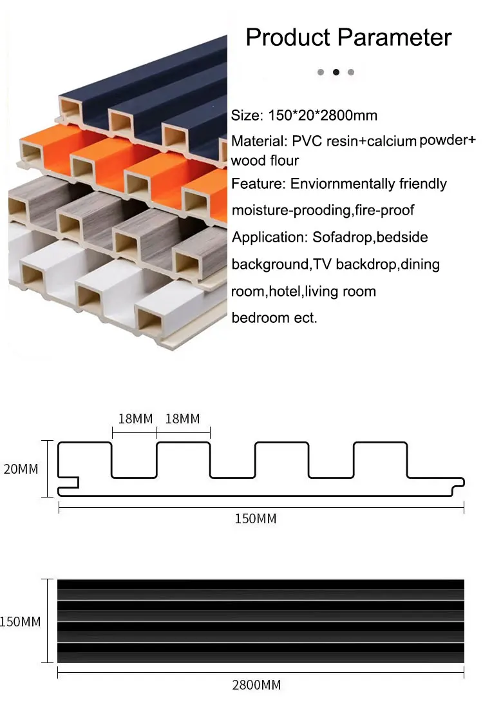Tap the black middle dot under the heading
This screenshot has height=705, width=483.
336,72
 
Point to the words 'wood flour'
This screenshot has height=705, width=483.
265,160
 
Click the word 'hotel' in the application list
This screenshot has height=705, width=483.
285,291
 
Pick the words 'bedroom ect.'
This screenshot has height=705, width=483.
274,318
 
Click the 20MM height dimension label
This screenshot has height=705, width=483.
21,469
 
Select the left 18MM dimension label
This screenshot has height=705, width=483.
135,419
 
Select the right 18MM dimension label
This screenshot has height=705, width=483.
183,419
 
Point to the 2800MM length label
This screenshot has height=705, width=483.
256,685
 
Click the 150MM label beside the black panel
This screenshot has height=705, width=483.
21,622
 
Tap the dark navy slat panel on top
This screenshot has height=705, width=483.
161,84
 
